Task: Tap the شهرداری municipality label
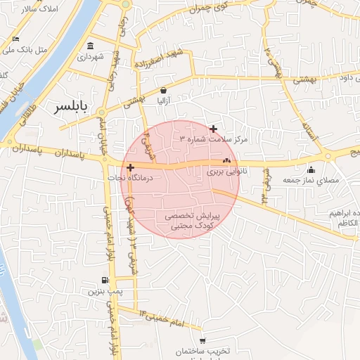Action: tap(91, 56)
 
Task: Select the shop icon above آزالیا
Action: tap(164, 90)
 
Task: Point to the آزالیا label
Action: tap(161, 101)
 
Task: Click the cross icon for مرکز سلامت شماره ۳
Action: tap(214, 129)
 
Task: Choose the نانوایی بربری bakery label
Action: tap(224, 171)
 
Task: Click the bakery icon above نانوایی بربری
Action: tap(226, 162)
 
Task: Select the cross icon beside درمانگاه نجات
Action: tap(131, 167)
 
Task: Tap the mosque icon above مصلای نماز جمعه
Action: tap(311, 169)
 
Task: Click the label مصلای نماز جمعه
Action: tap(310, 180)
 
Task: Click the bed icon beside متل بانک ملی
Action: tap(16, 39)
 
